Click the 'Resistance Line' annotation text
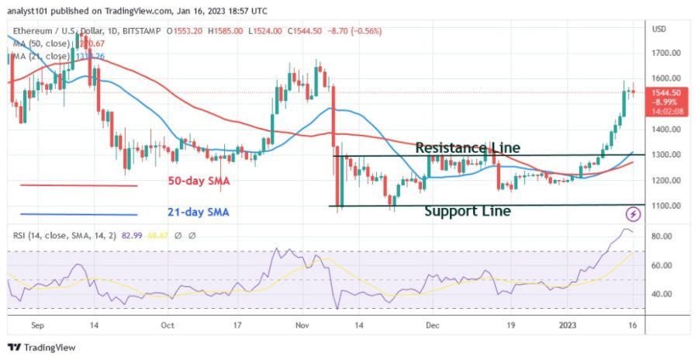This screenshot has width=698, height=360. coord(468,147)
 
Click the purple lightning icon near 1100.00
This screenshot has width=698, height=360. coord(634,213)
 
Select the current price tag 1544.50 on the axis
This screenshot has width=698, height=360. coord(665,92)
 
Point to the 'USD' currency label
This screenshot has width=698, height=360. coord(659,29)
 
